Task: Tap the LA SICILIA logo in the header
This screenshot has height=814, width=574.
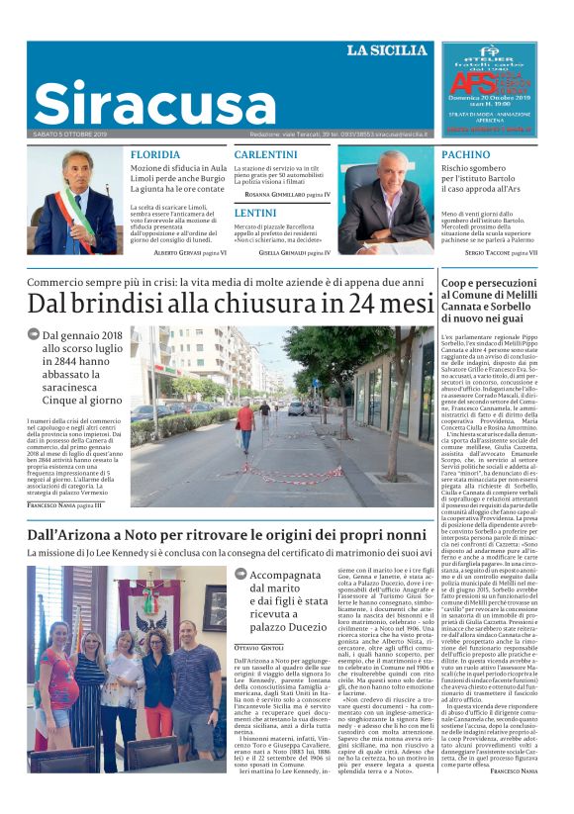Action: point(387,50)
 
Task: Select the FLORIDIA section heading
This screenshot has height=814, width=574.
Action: point(155,155)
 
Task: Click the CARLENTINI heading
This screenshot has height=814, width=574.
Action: point(266,155)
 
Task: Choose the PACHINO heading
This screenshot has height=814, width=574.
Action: point(465,155)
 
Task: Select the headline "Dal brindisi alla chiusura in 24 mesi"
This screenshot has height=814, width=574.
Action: point(231,303)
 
